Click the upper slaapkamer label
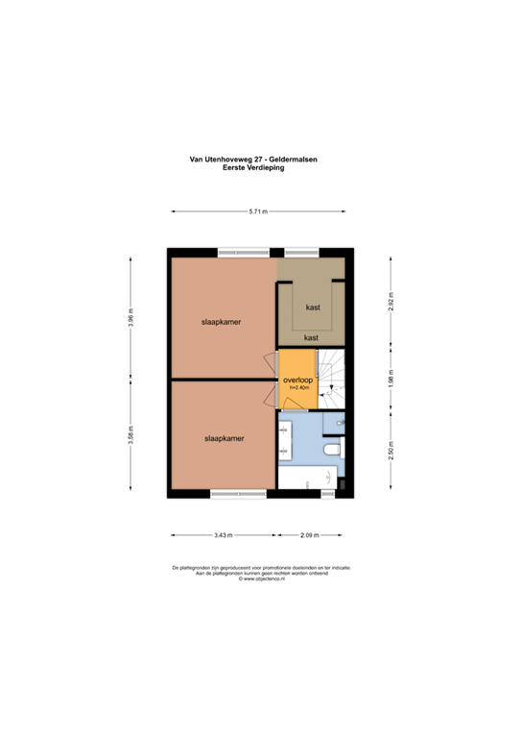[x=220, y=322]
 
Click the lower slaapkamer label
[x=223, y=438]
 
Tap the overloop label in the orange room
[x=297, y=381]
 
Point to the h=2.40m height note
[x=297, y=389]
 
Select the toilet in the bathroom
[x=332, y=449]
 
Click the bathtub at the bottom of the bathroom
[x=308, y=478]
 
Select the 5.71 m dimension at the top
[x=258, y=211]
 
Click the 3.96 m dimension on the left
[x=131, y=316]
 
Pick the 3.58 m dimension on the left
[x=131, y=438]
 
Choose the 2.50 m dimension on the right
[x=391, y=450]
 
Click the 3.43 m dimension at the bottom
[x=222, y=534]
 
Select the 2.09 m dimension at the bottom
[x=309, y=534]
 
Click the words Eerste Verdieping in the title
[x=260, y=167]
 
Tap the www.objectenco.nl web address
[x=260, y=579]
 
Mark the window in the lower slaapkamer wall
[x=237, y=494]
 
